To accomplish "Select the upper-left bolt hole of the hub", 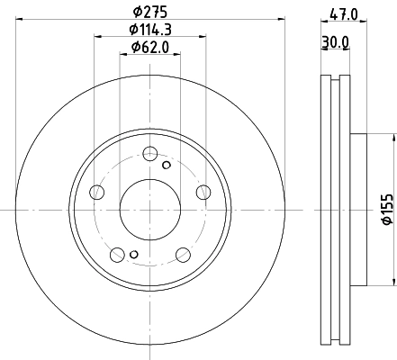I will [x=97, y=190].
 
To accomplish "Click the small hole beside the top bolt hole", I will [x=166, y=164].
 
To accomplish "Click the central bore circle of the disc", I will [x=149, y=209].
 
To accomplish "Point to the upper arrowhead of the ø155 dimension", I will [x=393, y=139].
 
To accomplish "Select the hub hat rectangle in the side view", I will [x=357, y=209].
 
